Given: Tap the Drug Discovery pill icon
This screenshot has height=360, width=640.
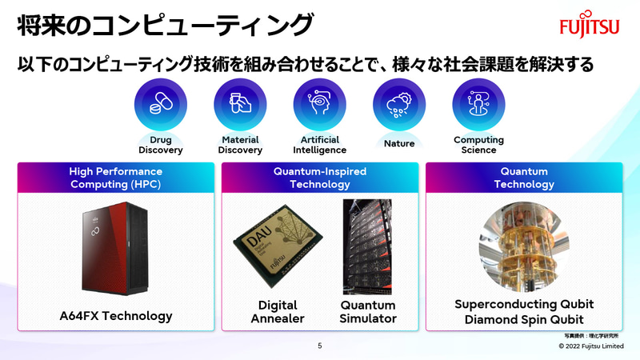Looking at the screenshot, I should pos(161,106).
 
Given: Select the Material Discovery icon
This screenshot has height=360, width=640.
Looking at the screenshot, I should pos(240,106).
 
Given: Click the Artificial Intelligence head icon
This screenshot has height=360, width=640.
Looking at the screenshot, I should pos(319,106).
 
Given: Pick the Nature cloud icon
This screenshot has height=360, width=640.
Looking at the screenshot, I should pos(398,106).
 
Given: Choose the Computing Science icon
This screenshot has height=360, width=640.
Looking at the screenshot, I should pos(478,106).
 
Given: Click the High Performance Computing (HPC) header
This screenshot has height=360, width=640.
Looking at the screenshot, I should pos(116,178).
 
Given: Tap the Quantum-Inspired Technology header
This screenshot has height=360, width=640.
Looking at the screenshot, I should pos(320,178).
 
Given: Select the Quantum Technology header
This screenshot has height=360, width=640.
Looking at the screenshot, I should pos(524,178).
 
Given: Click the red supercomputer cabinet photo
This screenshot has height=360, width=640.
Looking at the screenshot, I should pos(114,249).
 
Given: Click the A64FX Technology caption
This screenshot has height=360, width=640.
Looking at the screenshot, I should pos(116,316).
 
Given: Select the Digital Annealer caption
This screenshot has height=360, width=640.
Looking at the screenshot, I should pos(278,312).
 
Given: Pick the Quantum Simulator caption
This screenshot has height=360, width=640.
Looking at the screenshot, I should pos(368,312).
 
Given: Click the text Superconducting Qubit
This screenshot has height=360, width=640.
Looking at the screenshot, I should pos(524,305).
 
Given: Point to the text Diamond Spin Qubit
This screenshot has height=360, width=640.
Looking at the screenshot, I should pos(524,320).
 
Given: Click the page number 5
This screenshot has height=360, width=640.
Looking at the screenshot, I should pos(320,346).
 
